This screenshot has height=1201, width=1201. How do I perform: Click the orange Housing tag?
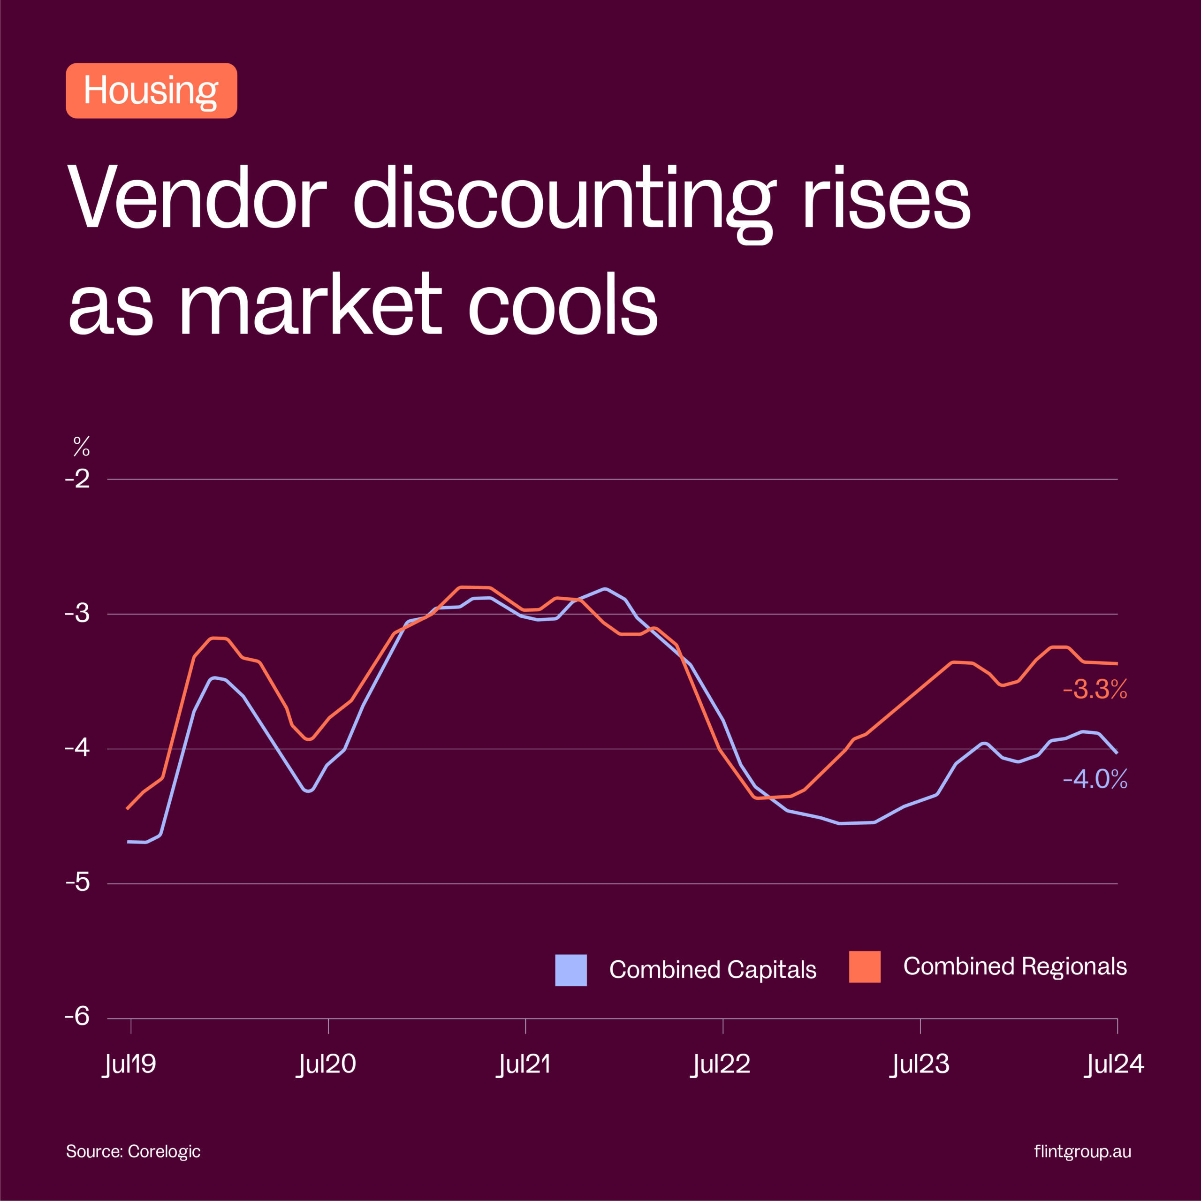151,91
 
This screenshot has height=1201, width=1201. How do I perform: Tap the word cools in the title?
562,304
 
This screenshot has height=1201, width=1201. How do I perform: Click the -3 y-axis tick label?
78,614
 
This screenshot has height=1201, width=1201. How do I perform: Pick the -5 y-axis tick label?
78,883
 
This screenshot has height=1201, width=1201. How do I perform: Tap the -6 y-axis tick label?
78,1017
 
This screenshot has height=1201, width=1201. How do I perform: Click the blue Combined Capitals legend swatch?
570,970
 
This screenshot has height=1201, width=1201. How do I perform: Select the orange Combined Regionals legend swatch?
865,966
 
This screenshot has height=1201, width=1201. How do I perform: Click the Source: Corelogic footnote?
133,1151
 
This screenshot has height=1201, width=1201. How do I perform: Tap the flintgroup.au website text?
1082,1151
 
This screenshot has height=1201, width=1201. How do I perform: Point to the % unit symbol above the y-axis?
82,446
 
